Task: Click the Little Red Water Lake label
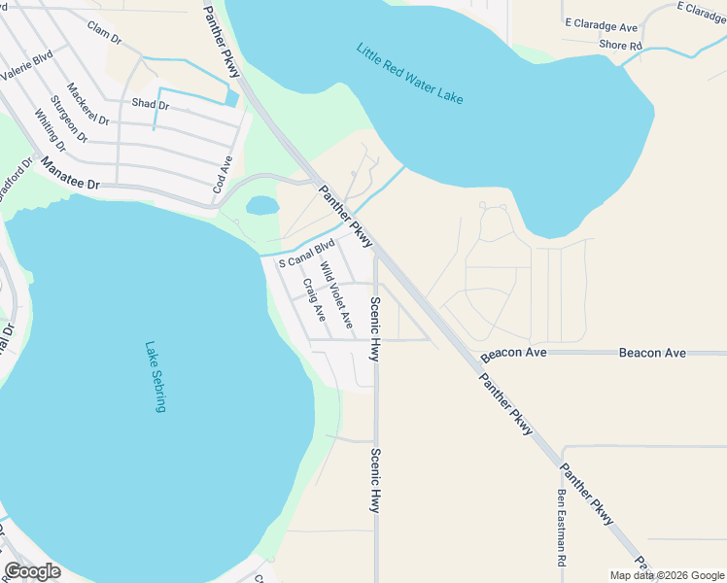coord(409,74)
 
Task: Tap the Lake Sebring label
coord(156,376)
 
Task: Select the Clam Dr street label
coord(103,33)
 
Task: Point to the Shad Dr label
coord(151,103)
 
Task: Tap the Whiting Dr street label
coord(50,130)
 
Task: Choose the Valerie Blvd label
coord(25,67)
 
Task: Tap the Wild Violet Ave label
coord(336,295)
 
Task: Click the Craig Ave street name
coord(314,301)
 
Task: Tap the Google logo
coord(33,571)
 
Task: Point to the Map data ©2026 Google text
coord(666,575)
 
